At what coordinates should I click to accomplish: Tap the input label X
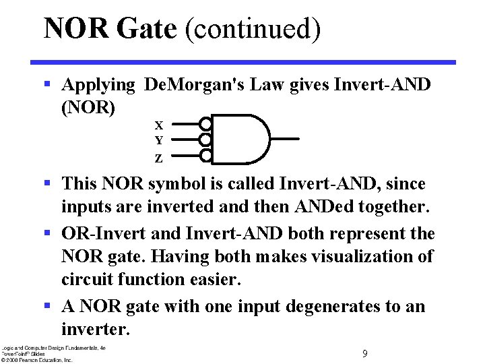tap(159, 125)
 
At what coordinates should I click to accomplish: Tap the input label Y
tap(159, 141)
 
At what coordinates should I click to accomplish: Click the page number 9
tap(364, 354)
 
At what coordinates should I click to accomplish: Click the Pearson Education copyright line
tap(36, 360)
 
